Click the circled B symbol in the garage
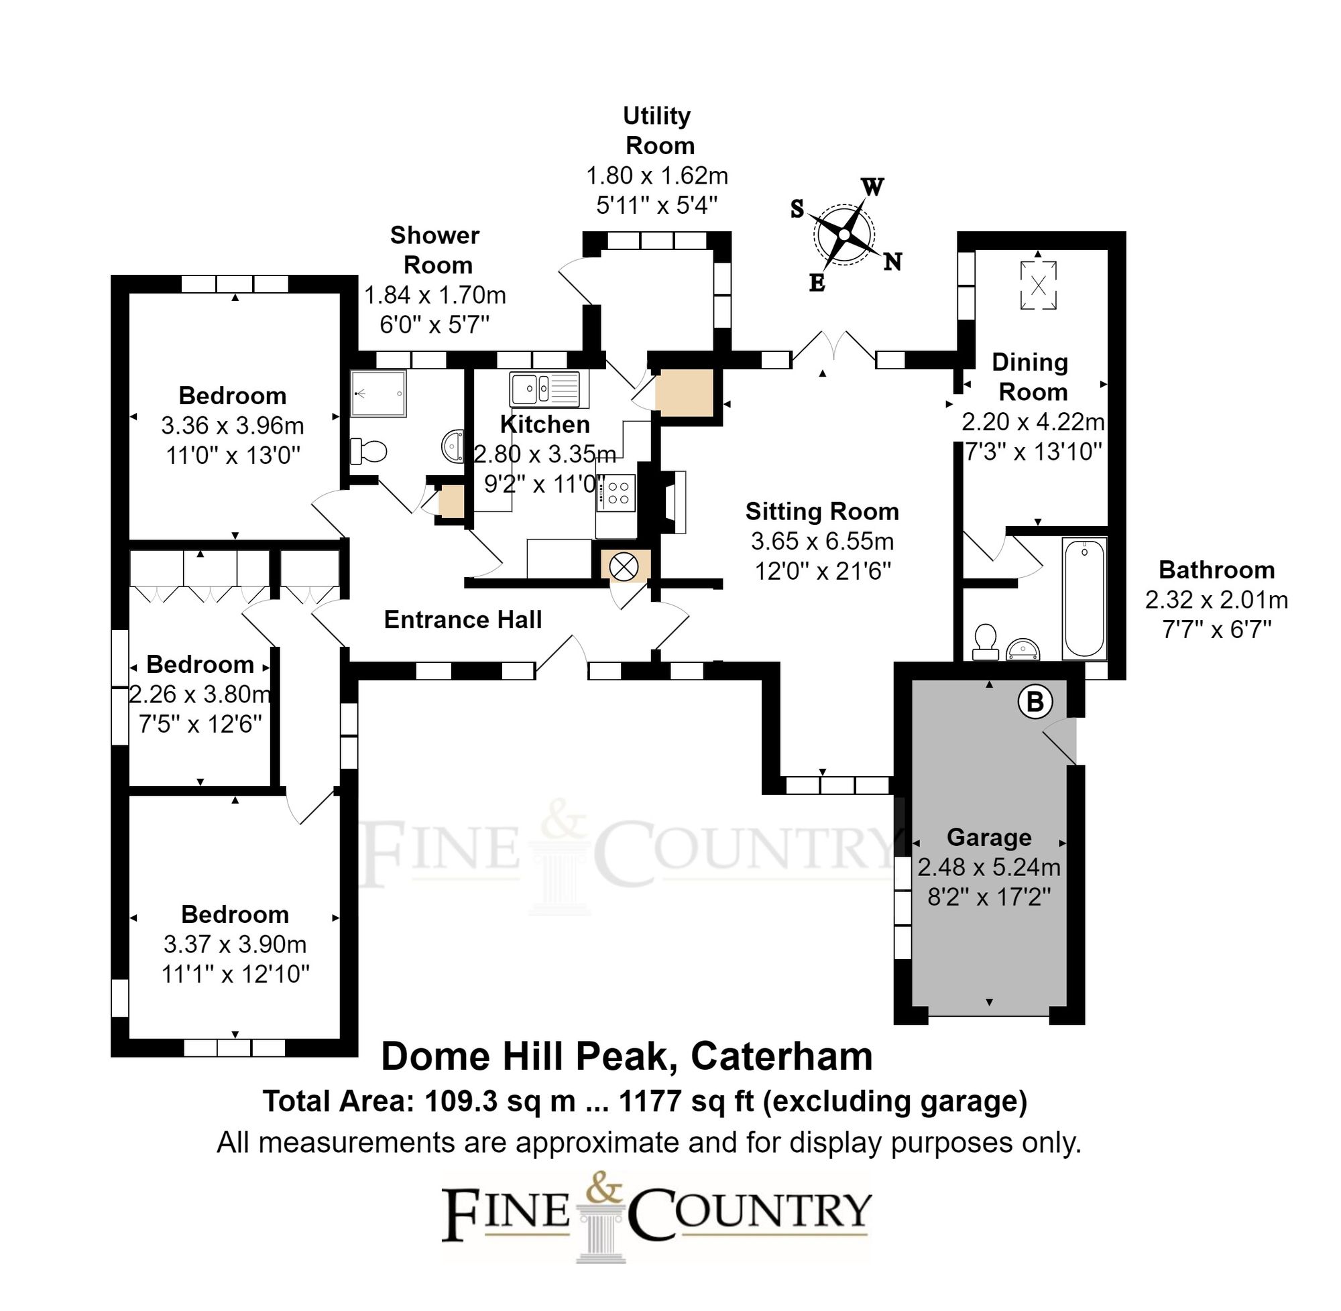(x=1035, y=702)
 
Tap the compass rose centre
(x=843, y=235)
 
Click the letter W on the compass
(x=872, y=186)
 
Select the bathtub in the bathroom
(x=1084, y=598)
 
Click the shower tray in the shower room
(x=378, y=394)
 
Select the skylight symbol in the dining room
(x=1038, y=284)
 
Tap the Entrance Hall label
(x=462, y=620)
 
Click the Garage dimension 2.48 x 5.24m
(x=988, y=867)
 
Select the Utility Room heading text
(x=658, y=131)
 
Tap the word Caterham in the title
(x=781, y=1056)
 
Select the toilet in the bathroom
(x=985, y=641)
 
